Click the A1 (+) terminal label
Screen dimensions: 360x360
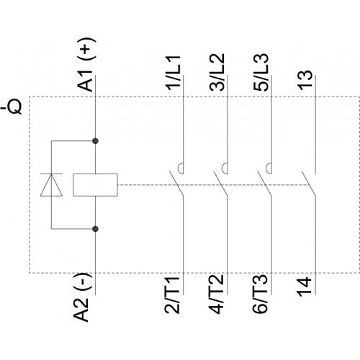86,64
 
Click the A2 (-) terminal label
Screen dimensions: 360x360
82,297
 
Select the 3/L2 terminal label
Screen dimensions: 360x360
217,72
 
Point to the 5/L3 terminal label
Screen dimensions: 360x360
261,72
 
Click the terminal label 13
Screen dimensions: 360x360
305,80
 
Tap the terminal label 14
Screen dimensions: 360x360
304,287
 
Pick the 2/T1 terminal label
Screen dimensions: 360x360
172,295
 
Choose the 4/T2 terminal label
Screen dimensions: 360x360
216,294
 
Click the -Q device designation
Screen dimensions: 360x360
12,106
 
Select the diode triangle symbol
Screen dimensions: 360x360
51,185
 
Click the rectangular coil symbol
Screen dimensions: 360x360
95,185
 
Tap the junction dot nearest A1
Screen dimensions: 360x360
96,141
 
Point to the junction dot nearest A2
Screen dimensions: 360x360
96,229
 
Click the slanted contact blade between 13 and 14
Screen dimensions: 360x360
309,184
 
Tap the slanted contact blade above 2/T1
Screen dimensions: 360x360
176,184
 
